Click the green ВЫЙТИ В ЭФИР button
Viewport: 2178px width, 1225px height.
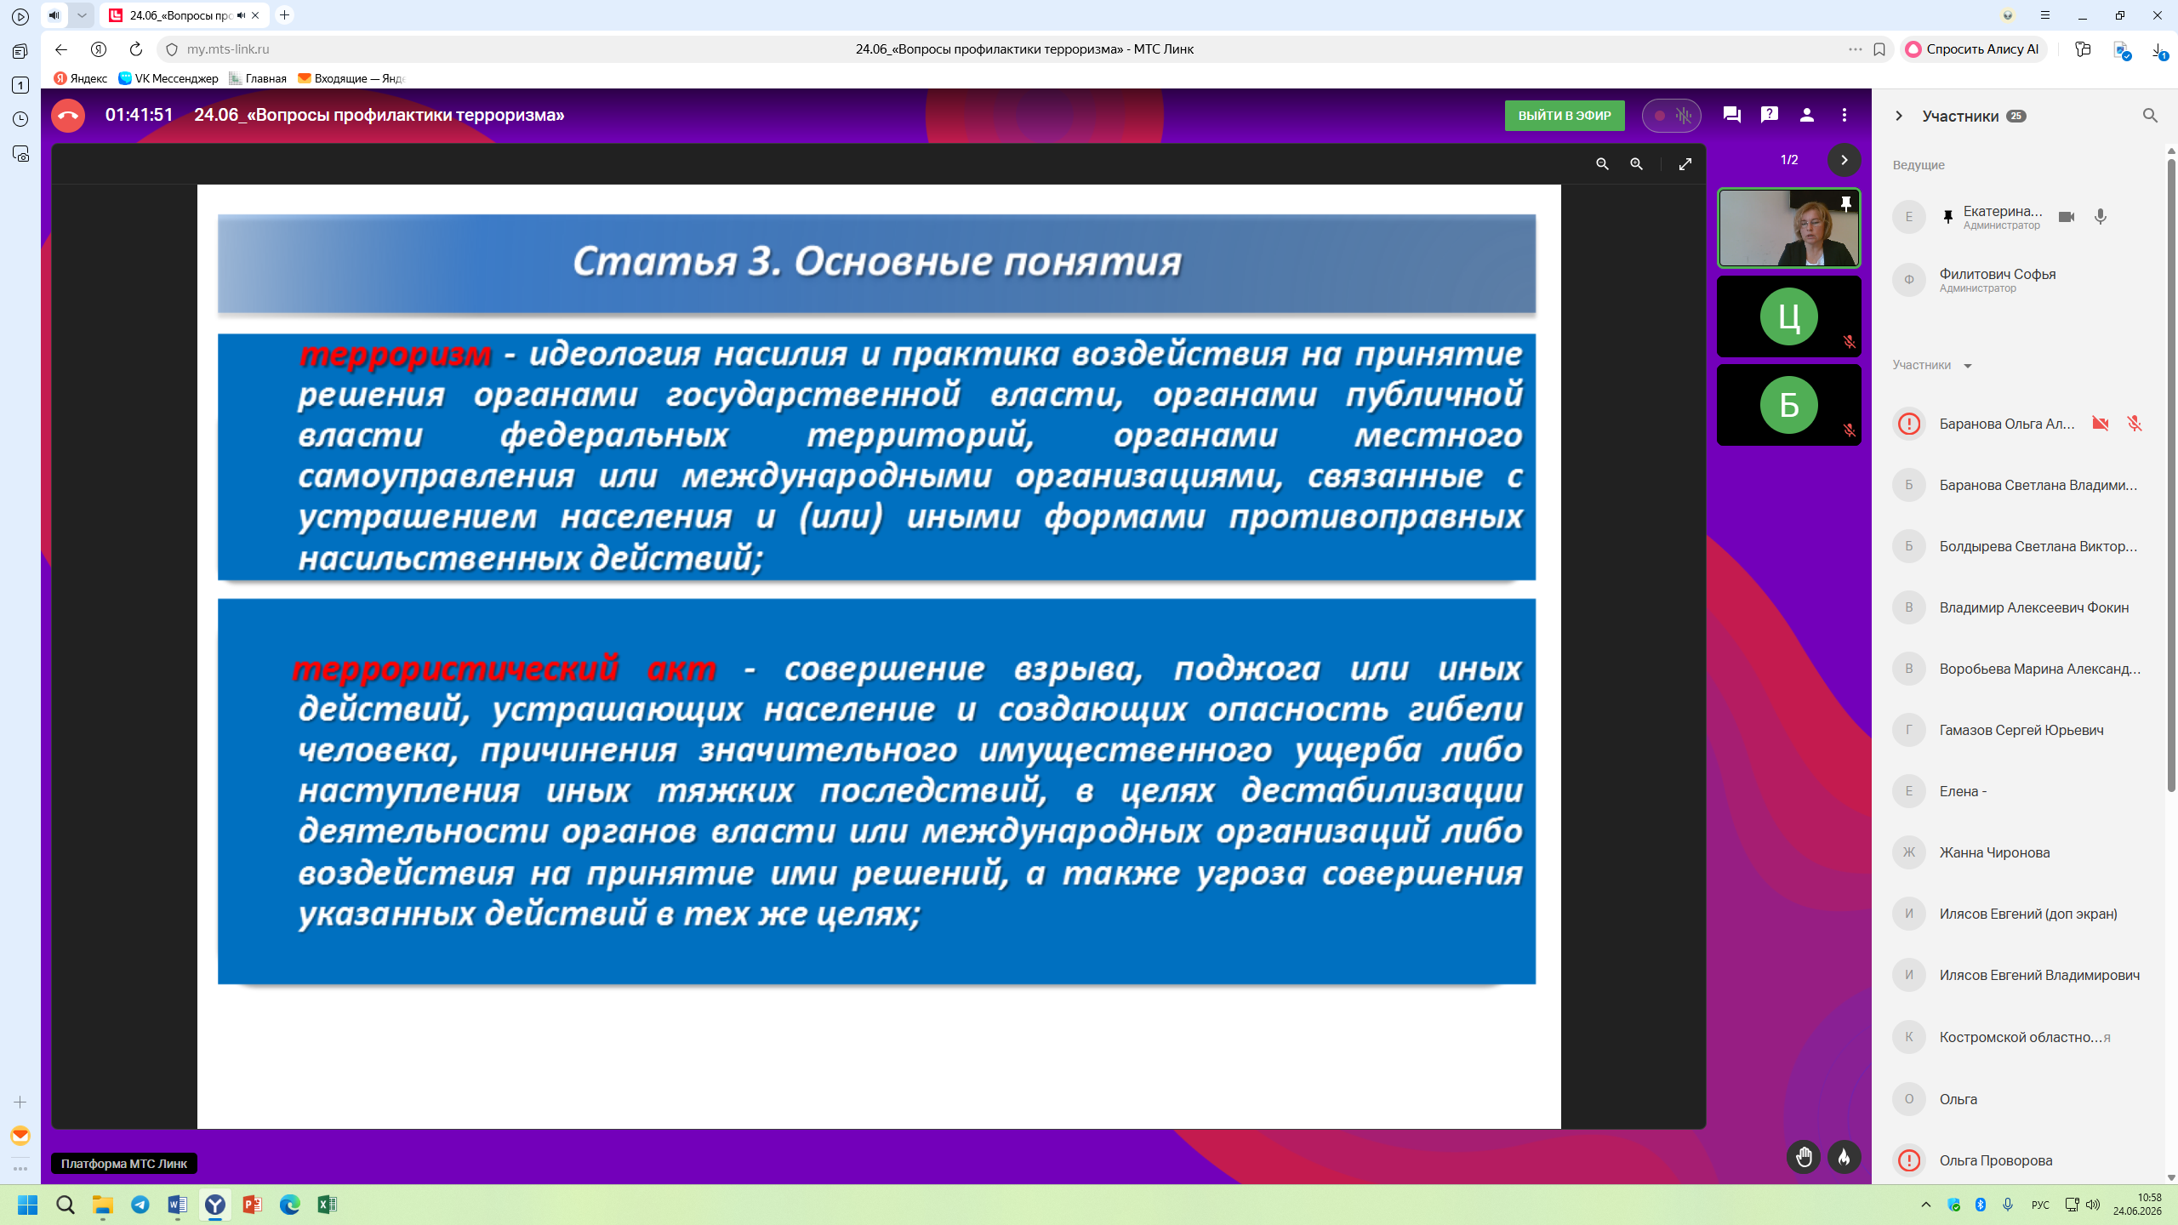[1564, 116]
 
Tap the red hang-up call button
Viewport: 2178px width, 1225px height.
[68, 116]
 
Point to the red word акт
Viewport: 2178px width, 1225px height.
[681, 669]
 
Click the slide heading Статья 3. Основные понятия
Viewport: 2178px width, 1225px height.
[877, 262]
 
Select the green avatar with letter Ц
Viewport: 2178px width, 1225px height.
[1788, 316]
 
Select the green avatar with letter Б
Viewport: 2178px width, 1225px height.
[1788, 405]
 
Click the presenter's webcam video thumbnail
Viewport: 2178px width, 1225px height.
[1788, 228]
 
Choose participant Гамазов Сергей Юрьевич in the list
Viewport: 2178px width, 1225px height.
[2021, 730]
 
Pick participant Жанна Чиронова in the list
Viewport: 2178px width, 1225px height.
[1994, 852]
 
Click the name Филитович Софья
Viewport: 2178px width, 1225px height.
[1997, 274]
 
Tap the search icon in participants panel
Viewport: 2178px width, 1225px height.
[2150, 116]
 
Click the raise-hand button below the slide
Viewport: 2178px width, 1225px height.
[1804, 1157]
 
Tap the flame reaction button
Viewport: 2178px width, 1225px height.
[1844, 1157]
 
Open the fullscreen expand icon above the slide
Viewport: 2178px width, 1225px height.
[1685, 164]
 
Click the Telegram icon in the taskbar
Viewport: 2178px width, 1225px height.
[140, 1205]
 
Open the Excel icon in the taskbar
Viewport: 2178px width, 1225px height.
[327, 1205]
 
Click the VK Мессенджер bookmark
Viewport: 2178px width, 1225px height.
[168, 78]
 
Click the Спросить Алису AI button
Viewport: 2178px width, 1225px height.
[1973, 49]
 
